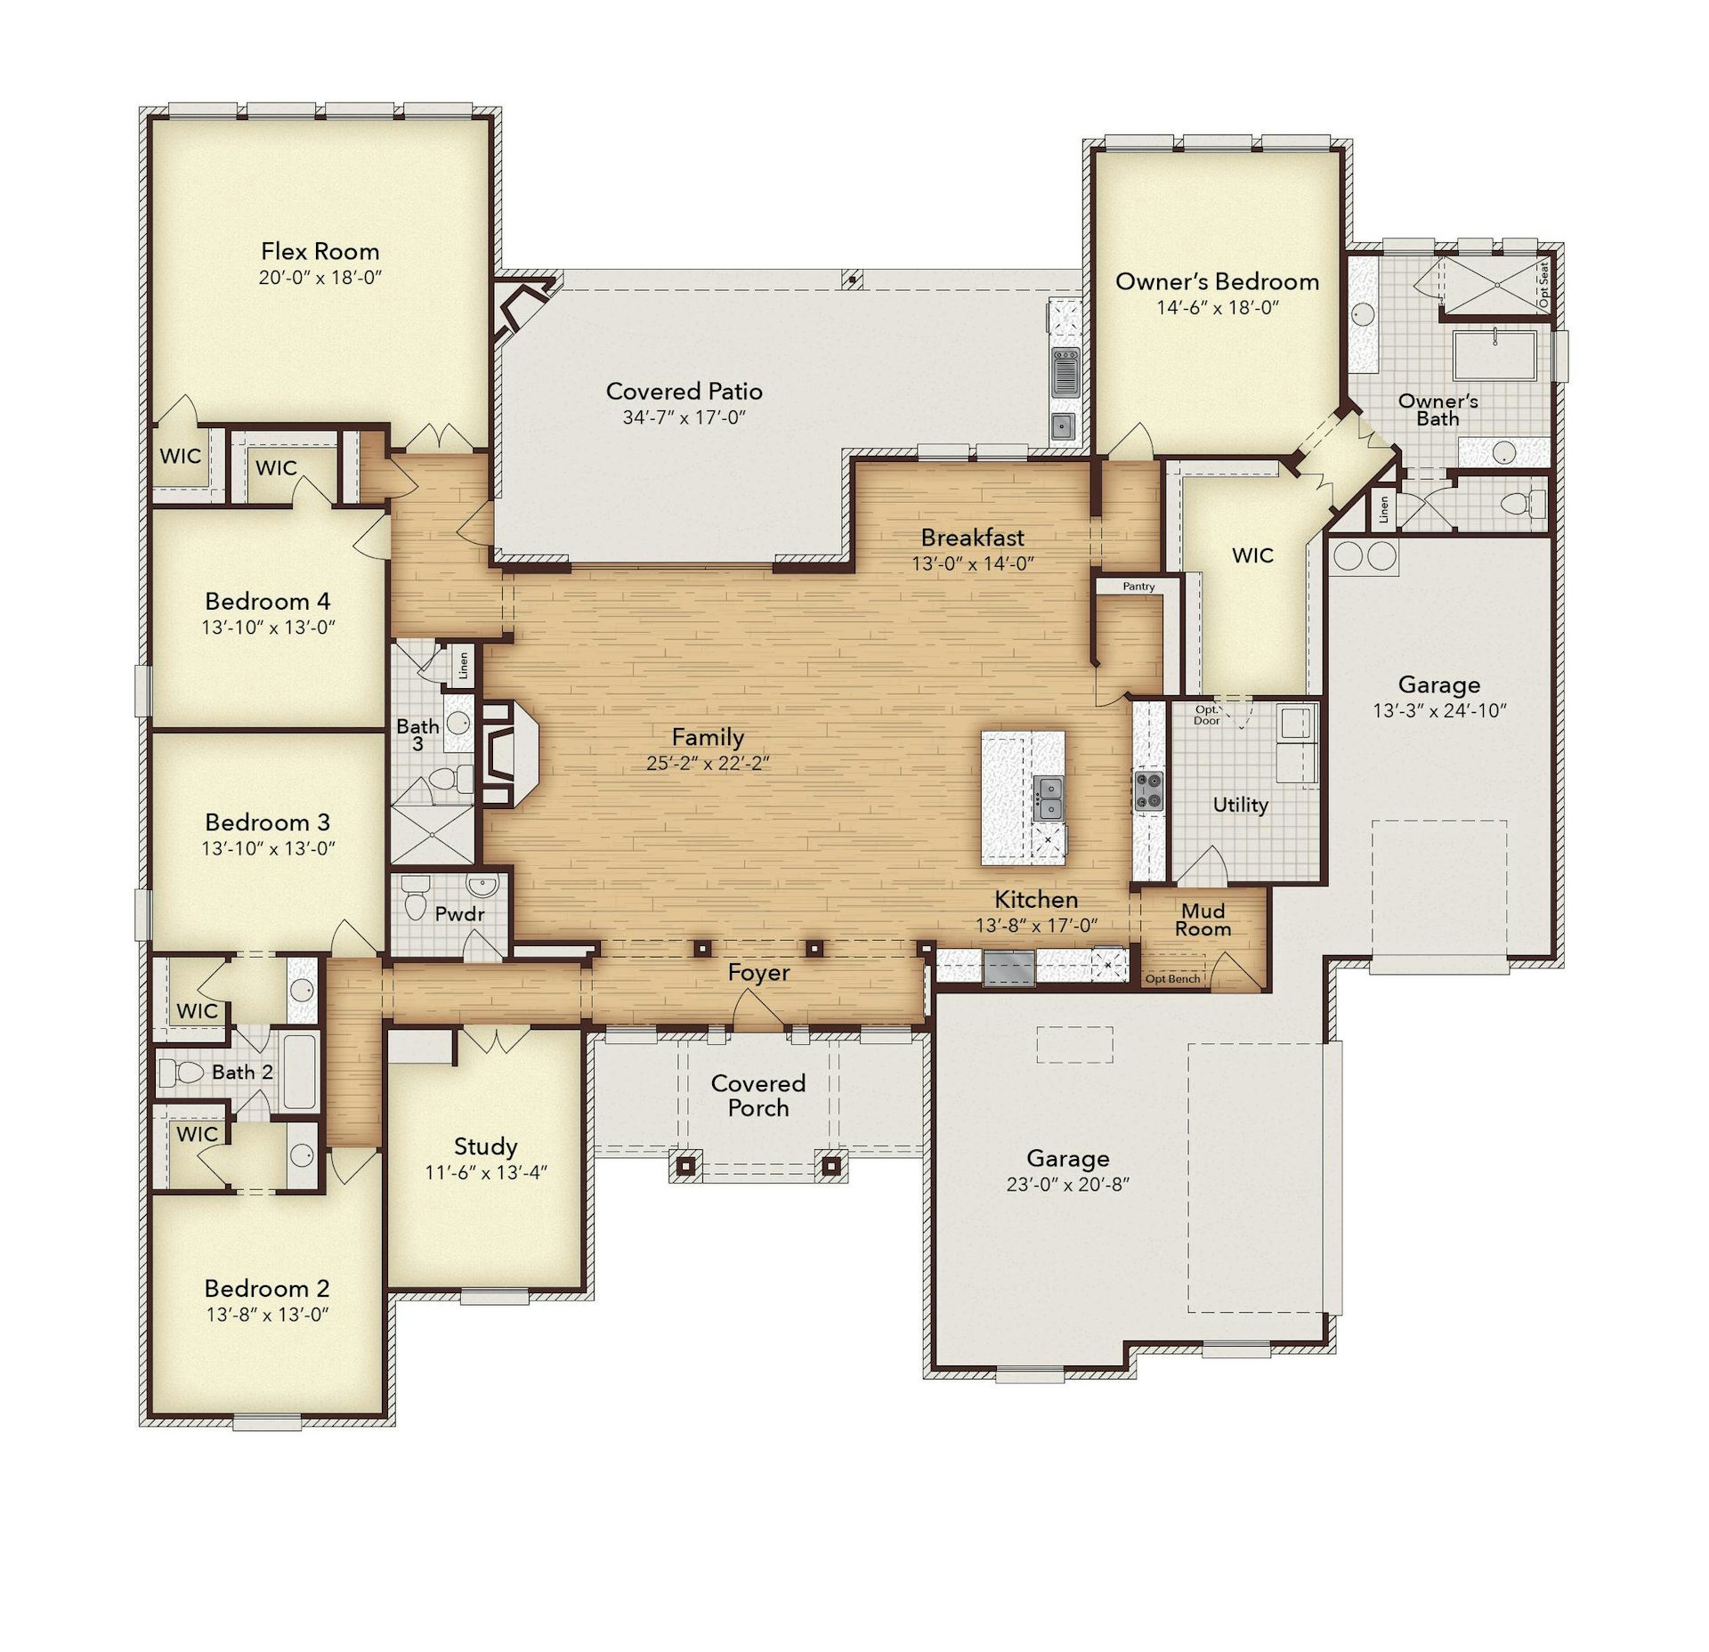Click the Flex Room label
click(320, 251)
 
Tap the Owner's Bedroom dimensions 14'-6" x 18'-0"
click(1217, 308)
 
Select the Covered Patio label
click(684, 391)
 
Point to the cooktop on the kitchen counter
click(1147, 791)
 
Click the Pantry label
click(1138, 587)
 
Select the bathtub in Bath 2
click(299, 1072)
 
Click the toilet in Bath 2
click(181, 1073)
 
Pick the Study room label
click(485, 1146)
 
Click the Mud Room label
click(1203, 920)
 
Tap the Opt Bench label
click(1172, 979)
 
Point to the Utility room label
click(1240, 805)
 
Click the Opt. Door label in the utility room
click(1207, 715)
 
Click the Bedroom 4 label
click(267, 601)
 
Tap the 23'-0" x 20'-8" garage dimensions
click(1067, 1184)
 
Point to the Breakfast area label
click(972, 538)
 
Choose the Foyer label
click(758, 973)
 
